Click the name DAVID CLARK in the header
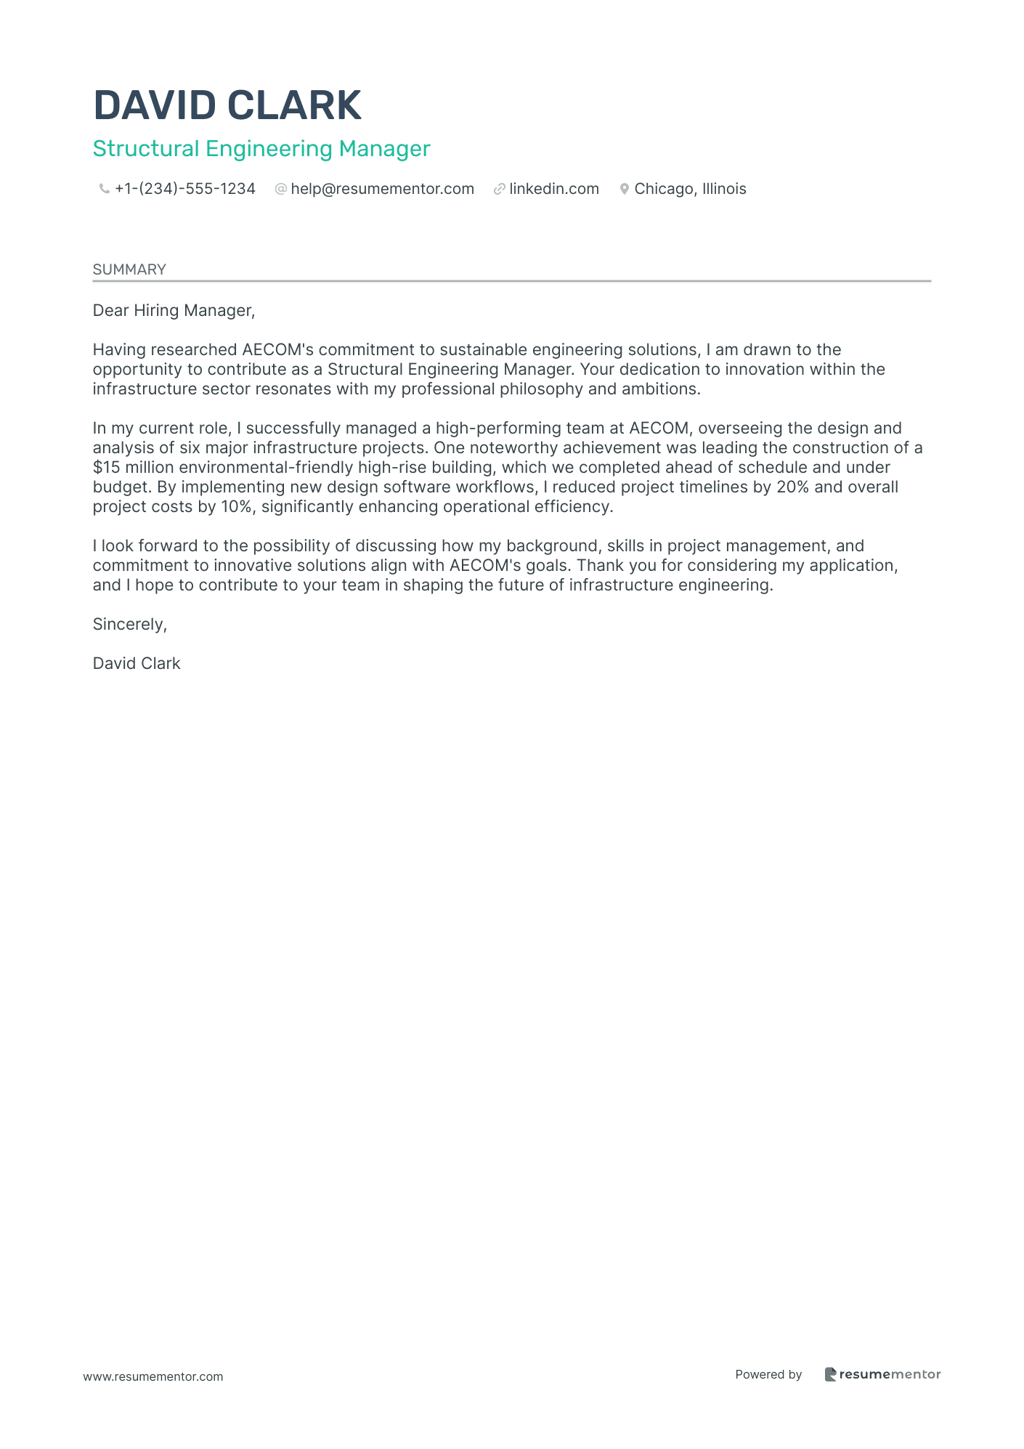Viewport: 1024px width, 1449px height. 227,105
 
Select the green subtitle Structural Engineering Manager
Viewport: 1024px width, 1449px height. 261,149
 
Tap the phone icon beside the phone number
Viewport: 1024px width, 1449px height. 104,190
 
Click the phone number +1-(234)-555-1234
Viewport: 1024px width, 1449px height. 185,189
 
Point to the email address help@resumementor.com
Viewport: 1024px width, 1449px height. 382,189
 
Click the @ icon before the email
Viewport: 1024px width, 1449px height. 280,190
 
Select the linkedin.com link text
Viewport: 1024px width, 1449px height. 554,189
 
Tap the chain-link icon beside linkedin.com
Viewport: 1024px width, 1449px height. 499,190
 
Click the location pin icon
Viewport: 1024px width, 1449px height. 624,190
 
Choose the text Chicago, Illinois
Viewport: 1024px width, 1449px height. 690,189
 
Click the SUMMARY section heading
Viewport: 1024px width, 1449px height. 129,269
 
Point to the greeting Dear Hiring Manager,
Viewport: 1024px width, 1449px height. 174,311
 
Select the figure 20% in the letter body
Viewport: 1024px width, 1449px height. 792,487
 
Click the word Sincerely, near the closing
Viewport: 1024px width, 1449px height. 130,625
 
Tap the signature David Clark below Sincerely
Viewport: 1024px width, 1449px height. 137,664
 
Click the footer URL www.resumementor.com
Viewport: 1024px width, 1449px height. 153,1376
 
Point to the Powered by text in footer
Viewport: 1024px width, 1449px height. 768,1374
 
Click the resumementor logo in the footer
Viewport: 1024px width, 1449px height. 882,1374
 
